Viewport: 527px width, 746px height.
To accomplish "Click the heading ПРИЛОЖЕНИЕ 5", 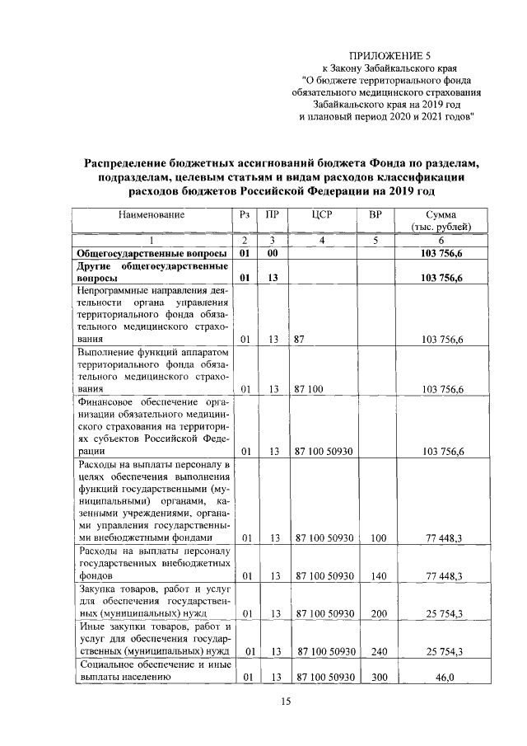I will click(390, 54).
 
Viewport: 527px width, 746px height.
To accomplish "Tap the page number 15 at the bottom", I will click(286, 701).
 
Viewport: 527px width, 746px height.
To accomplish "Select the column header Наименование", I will click(151, 214).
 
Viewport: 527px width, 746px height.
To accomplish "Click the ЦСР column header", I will click(322, 214).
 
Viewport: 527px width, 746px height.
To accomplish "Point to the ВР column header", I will click(376, 214).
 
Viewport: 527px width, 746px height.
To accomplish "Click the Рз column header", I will click(244, 214).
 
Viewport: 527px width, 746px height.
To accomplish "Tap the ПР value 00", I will click(270, 254).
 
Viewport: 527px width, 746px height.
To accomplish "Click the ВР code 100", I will click(377, 537).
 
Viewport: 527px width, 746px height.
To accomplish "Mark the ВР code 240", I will click(377, 651).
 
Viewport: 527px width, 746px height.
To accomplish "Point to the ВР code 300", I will click(377, 677).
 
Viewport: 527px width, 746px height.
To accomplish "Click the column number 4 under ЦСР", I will click(322, 240).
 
